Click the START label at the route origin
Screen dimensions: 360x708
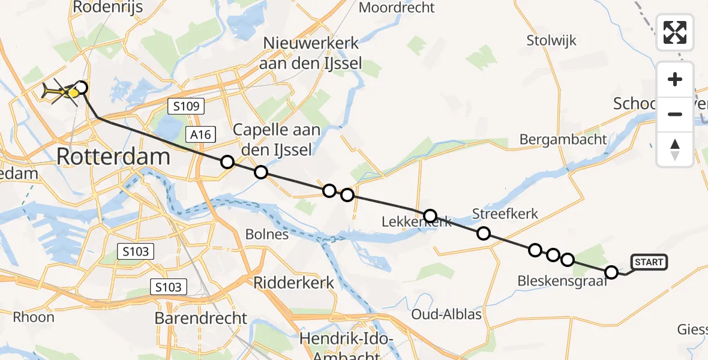(x=649, y=262)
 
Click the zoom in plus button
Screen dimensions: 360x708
(x=675, y=79)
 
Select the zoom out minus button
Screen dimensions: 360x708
(x=675, y=114)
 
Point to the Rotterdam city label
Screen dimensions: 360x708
(x=113, y=158)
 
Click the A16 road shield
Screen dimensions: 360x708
(x=200, y=134)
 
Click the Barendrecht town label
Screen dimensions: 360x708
(x=200, y=318)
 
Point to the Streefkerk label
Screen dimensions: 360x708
(x=505, y=214)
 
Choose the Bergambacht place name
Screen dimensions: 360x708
(x=563, y=140)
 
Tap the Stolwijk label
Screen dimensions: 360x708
(x=551, y=41)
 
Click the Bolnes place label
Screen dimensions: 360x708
(x=267, y=234)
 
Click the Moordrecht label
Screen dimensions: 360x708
(x=397, y=8)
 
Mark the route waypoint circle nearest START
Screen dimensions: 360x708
(x=611, y=272)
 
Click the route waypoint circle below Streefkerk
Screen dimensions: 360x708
(x=484, y=233)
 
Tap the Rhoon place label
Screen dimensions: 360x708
(x=34, y=317)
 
